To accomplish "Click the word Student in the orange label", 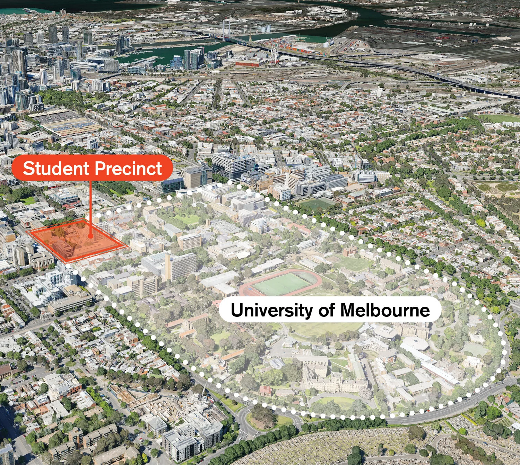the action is pos(55,169).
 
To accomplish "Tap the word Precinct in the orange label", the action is pos(129,169).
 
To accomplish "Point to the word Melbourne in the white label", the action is pos(385,310).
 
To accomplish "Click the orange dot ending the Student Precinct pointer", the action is pos(91,236).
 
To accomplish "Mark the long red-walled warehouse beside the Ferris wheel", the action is pos(248,64).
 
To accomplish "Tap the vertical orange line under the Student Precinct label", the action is pos(91,208).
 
